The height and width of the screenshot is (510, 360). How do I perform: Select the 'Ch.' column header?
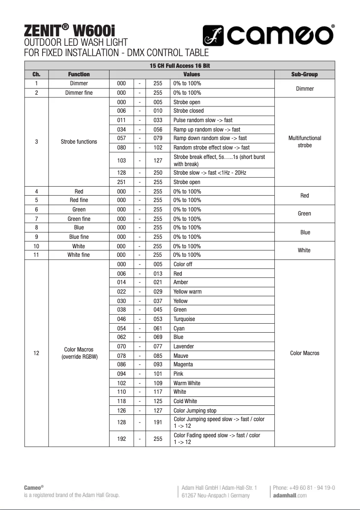[x=36, y=75]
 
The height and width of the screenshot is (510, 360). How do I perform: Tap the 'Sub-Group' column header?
[x=304, y=75]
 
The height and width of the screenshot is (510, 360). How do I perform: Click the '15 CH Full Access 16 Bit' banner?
[x=180, y=66]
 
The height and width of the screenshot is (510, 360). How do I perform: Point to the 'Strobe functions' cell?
[x=79, y=142]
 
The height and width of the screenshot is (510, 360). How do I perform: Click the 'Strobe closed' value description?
[x=189, y=111]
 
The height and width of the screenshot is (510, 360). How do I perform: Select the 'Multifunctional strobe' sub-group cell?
[x=304, y=142]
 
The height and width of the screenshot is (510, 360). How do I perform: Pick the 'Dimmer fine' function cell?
[x=79, y=93]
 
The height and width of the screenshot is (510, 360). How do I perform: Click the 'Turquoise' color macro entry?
[x=184, y=319]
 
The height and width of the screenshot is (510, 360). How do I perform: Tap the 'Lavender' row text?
[x=184, y=347]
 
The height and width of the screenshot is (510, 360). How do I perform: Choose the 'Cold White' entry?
[x=185, y=401]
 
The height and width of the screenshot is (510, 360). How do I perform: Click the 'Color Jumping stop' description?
[x=195, y=411]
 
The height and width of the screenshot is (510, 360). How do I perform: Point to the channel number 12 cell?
[x=36, y=353]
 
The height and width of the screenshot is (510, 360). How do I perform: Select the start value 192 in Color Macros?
[x=121, y=439]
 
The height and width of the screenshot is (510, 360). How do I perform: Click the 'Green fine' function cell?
[x=79, y=219]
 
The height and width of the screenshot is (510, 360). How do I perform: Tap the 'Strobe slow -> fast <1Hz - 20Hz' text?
[x=210, y=173]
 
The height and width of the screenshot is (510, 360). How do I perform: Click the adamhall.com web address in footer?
[x=290, y=495]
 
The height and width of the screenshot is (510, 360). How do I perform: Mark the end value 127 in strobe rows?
[x=158, y=161]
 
